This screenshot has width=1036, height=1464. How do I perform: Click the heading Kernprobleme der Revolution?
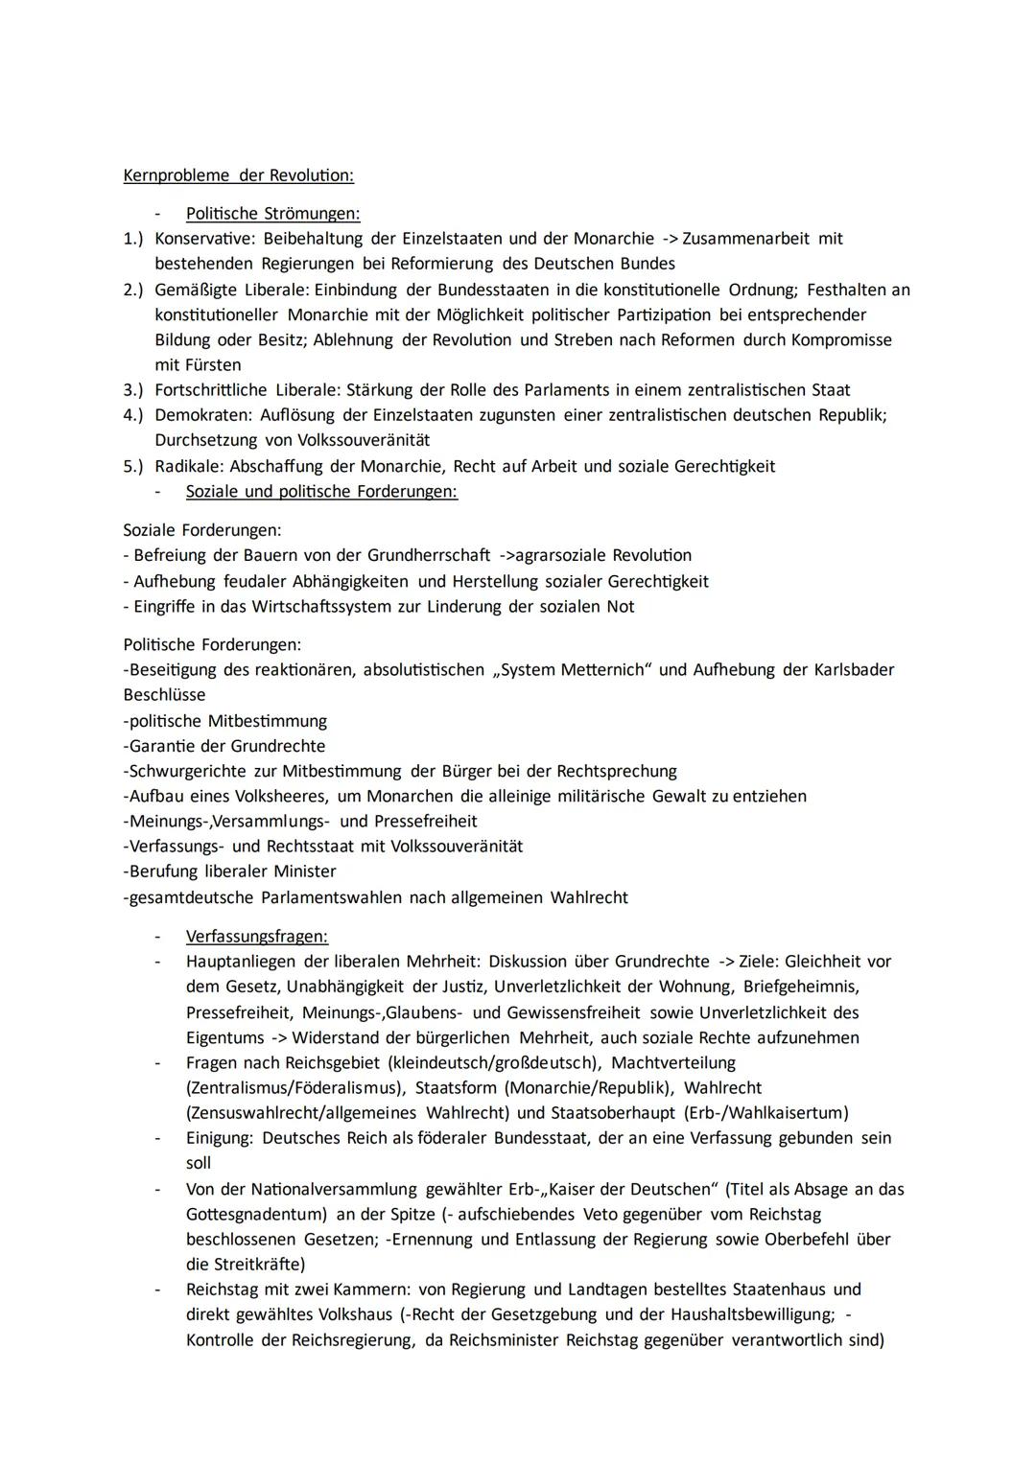tap(238, 175)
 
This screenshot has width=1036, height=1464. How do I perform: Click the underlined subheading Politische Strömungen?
tap(272, 213)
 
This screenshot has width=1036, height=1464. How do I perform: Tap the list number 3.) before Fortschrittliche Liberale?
tap(133, 390)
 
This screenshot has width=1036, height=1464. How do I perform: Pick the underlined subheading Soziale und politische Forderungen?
tap(321, 491)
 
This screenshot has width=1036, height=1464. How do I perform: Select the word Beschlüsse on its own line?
tap(164, 694)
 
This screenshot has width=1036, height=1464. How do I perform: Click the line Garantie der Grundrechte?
tap(224, 746)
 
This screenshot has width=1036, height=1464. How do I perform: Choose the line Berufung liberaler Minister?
tap(230, 871)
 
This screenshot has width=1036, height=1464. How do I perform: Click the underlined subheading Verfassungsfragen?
tap(256, 936)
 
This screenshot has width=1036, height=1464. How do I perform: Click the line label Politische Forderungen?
tap(211, 644)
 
